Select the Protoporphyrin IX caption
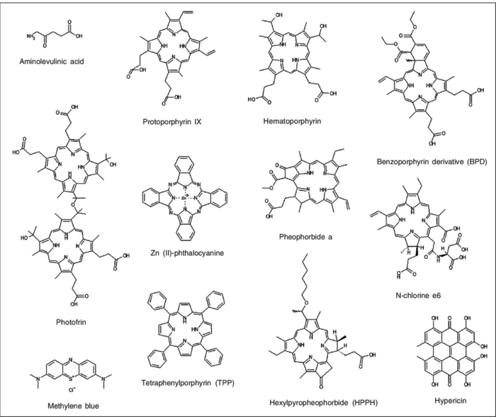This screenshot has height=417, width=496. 173,121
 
